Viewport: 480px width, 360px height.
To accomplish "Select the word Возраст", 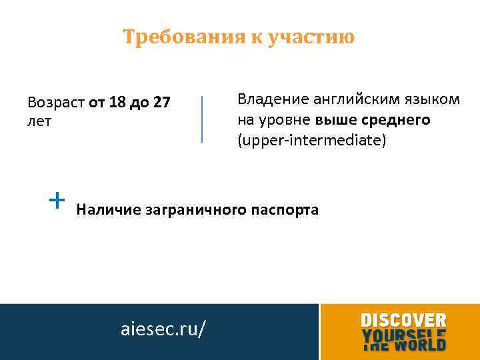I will coord(55,103).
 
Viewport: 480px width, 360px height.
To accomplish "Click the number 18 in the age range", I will coord(117,103).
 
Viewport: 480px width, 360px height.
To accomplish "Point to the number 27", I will coord(161,103).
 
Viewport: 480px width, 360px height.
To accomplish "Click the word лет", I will coord(39,121).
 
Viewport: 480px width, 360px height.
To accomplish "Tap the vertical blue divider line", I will coord(202,119).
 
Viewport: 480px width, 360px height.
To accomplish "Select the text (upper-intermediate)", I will coord(311,141).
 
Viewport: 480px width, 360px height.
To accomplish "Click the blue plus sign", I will coord(58,199).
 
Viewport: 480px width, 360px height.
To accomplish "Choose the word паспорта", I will coord(285,210).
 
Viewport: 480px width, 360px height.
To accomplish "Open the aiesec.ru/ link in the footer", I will coord(163,329).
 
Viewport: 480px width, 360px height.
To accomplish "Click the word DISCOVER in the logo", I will coord(403,320).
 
